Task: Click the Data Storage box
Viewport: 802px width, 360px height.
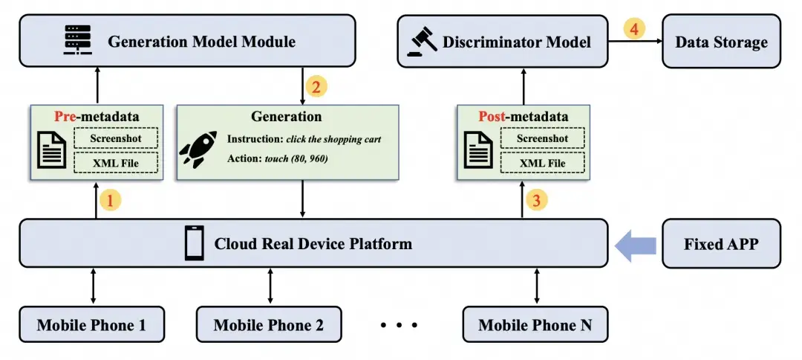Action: pyautogui.click(x=721, y=42)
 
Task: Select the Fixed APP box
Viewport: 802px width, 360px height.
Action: pyautogui.click(x=721, y=244)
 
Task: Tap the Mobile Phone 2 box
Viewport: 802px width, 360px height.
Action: pyautogui.click(x=269, y=324)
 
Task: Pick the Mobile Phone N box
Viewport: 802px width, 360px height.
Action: pyautogui.click(x=535, y=324)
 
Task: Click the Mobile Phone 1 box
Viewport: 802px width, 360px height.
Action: pyautogui.click(x=91, y=324)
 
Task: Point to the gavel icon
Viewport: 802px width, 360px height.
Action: pyautogui.click(x=422, y=41)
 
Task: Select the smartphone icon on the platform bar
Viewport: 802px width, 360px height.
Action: pyautogui.click(x=194, y=242)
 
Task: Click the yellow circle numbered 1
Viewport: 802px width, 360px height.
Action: pyautogui.click(x=111, y=200)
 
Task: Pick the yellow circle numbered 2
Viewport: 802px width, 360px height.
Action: pyautogui.click(x=316, y=86)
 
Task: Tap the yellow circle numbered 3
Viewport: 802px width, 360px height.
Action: pyautogui.click(x=537, y=200)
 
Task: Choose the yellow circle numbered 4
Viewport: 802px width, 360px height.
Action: pyautogui.click(x=634, y=29)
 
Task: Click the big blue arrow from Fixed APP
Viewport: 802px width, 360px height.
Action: pyautogui.click(x=636, y=245)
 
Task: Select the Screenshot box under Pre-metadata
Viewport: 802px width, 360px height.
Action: pyautogui.click(x=116, y=138)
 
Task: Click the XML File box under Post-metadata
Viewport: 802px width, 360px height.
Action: pyautogui.click(x=542, y=164)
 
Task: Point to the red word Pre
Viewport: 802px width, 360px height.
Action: pyautogui.click(x=65, y=116)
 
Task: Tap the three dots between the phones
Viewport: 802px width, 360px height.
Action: pyautogui.click(x=400, y=324)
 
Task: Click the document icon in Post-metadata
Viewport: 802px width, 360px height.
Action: pyautogui.click(x=478, y=150)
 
